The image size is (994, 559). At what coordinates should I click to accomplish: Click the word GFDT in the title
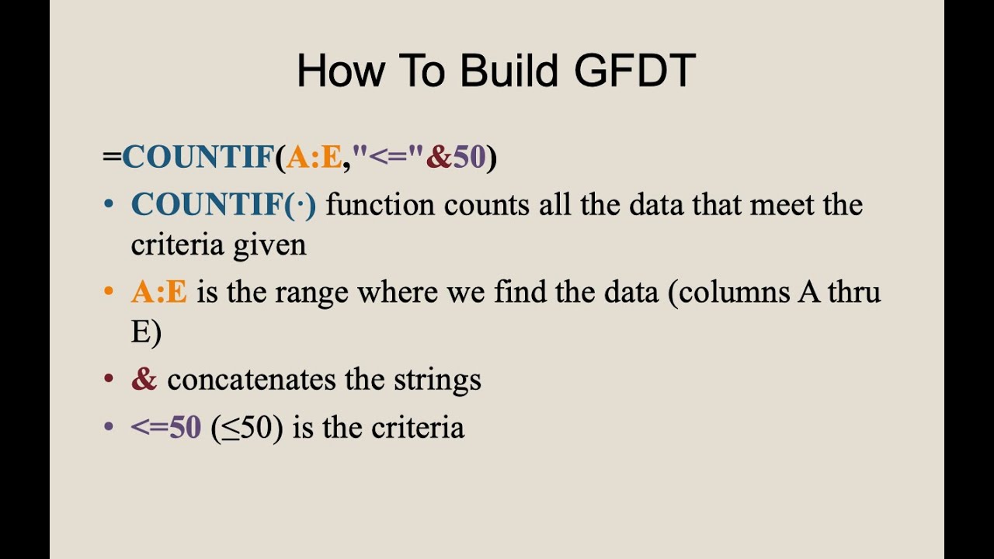point(634,71)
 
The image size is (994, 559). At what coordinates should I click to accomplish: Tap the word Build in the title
point(509,71)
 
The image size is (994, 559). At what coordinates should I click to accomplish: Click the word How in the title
point(340,71)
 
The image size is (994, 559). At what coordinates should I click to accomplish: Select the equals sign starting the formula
point(112,157)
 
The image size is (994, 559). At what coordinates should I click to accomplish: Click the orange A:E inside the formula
point(314,157)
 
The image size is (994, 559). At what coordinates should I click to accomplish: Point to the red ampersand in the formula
point(439,157)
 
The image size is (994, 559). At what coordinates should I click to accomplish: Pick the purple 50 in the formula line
point(469,157)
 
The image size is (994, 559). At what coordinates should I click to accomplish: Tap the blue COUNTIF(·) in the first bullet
point(224,205)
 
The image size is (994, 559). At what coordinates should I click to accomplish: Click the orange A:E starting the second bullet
point(159,293)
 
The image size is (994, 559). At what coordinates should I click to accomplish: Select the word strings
point(438,380)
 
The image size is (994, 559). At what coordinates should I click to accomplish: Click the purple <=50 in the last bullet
point(166,428)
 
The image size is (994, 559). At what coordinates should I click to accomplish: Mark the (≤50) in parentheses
point(247,428)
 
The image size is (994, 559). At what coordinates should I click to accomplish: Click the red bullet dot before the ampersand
point(109,380)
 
